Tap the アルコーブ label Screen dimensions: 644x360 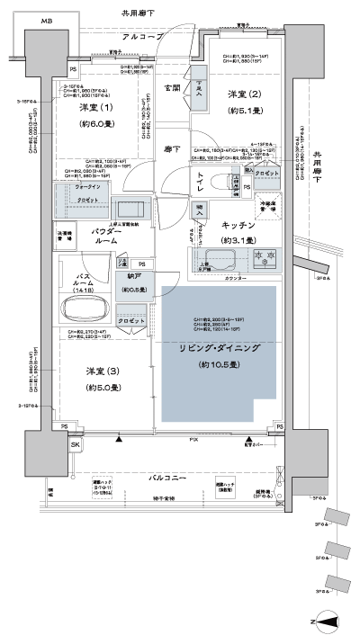click(x=141, y=37)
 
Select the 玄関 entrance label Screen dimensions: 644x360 click(x=172, y=87)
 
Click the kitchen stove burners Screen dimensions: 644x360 click(x=265, y=260)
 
